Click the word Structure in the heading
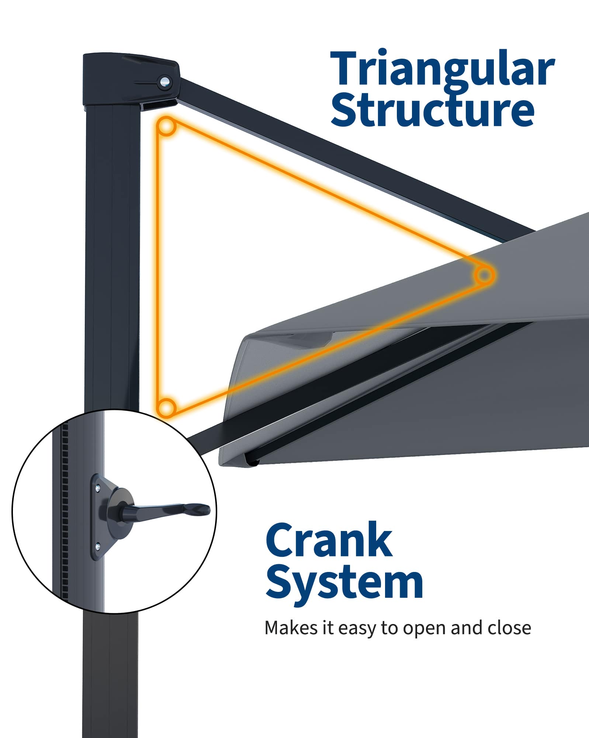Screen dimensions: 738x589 [432, 110]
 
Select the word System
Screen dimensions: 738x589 [344, 583]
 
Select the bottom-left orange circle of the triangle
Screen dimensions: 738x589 [166, 408]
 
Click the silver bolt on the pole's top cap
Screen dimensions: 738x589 [164, 81]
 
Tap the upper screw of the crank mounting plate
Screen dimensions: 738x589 [98, 489]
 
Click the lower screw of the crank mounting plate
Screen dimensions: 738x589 [97, 546]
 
